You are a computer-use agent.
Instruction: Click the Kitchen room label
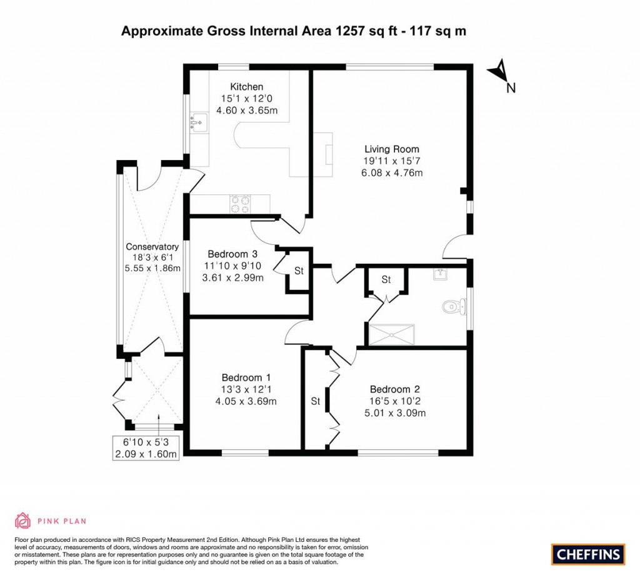pos(246,87)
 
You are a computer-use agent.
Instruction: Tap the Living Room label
pos(392,149)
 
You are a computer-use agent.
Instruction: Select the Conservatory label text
pos(152,247)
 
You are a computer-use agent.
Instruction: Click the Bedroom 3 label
pos(232,254)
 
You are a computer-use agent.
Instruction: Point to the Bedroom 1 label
pos(246,377)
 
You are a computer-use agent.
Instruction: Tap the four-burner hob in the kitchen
pos(241,202)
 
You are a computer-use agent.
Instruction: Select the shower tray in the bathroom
pos(392,334)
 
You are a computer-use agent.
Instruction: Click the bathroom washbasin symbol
pos(440,273)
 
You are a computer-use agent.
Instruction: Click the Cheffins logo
pos(587,553)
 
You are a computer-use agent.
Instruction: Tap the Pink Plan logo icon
pos(22,520)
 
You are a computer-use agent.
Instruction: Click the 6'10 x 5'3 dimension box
pos(146,448)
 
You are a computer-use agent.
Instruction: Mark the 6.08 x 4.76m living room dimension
pos(392,172)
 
